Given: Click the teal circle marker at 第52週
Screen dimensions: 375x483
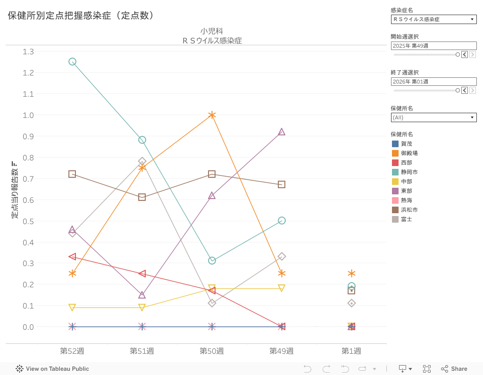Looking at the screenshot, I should [x=72, y=61].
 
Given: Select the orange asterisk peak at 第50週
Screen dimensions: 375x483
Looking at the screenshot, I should [x=212, y=115].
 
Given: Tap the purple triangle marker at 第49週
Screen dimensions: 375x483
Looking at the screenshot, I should [x=282, y=132].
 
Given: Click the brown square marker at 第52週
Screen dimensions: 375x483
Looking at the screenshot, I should [x=72, y=174].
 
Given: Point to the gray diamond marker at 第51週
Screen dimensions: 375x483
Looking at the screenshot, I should [x=142, y=161].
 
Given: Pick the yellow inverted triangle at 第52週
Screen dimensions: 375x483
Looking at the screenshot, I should [x=72, y=308].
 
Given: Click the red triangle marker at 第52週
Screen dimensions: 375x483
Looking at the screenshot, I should [x=72, y=257].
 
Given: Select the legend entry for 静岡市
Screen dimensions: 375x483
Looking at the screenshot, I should [x=409, y=172].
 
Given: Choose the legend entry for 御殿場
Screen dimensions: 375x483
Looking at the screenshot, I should [x=409, y=153].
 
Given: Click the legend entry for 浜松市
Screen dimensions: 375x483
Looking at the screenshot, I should [x=409, y=210].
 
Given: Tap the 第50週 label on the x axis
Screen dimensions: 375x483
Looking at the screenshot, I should [x=212, y=351].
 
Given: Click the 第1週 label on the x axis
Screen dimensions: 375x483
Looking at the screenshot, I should [x=351, y=351].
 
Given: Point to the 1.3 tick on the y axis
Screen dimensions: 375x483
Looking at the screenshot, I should [x=28, y=51].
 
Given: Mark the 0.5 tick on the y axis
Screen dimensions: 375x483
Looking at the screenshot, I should [x=28, y=221].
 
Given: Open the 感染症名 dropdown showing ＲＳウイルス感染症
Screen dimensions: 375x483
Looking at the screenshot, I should [x=433, y=19].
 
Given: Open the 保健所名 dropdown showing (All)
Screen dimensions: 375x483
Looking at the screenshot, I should [x=433, y=117].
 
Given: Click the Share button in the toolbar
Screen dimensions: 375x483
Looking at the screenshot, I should [x=454, y=369].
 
